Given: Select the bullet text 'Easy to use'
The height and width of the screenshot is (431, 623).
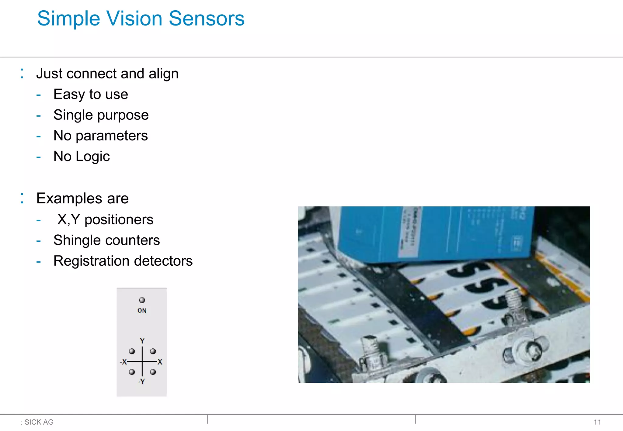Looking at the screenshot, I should tap(91, 94).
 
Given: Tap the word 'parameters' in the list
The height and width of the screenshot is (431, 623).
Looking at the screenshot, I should tap(112, 136).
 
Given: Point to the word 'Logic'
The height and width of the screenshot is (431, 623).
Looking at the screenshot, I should tap(92, 157).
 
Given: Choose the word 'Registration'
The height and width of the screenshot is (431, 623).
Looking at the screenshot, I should tap(91, 261).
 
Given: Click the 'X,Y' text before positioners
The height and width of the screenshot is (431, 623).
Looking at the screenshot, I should tap(69, 219).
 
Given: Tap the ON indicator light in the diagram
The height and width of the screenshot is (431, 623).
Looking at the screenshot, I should tap(142, 300).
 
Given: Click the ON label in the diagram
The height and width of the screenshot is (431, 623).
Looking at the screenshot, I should tap(142, 311).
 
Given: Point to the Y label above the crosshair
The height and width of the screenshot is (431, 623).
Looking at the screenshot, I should tap(142, 341).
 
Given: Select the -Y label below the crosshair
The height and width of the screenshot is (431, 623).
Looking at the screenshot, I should tap(141, 382).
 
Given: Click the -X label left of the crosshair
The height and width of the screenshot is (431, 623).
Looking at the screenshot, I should tap(123, 362).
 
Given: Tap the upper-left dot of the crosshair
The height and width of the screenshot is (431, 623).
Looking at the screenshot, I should tap(132, 351).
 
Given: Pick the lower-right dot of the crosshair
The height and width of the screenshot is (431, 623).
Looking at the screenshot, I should tap(153, 372).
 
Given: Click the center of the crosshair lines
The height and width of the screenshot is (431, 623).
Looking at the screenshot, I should tap(142, 362).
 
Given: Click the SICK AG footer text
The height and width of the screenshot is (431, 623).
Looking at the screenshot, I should tap(39, 422).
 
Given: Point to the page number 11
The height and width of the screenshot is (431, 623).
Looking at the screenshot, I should tap(597, 422).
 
